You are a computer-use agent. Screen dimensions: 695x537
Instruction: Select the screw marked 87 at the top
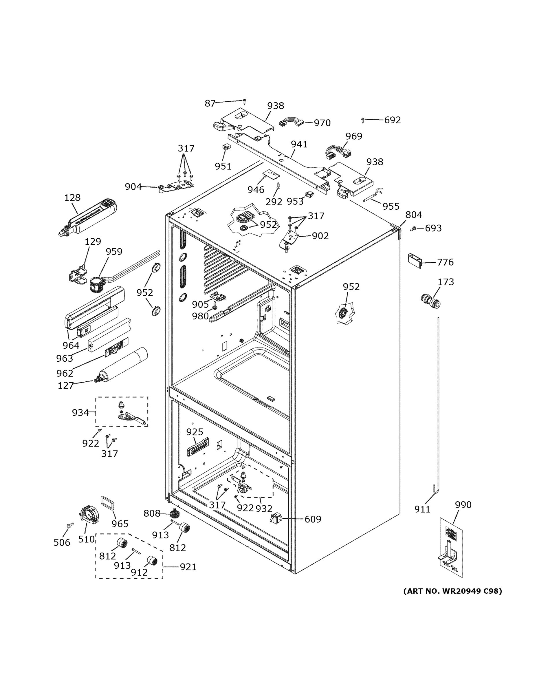pyautogui.click(x=244, y=101)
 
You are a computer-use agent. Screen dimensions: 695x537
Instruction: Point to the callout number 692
pyautogui.click(x=392, y=120)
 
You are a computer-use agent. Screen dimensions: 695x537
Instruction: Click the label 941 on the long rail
pyautogui.click(x=299, y=144)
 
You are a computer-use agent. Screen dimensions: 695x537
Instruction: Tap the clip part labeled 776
pyautogui.click(x=415, y=261)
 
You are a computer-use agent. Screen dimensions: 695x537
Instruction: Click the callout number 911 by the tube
pyautogui.click(x=422, y=509)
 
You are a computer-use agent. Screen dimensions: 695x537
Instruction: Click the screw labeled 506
pyautogui.click(x=70, y=525)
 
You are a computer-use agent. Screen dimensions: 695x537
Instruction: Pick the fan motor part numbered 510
pyautogui.click(x=89, y=515)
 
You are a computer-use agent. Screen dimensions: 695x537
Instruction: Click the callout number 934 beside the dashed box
pyautogui.click(x=80, y=413)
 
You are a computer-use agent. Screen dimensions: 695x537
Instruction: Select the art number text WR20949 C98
pyautogui.click(x=452, y=591)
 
